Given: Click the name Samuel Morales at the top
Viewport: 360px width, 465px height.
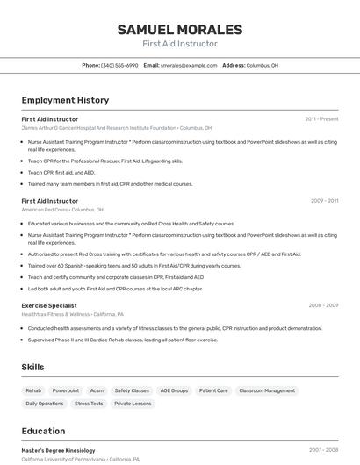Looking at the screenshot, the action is [180, 29].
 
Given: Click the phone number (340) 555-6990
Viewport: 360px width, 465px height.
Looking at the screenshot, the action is [119, 65].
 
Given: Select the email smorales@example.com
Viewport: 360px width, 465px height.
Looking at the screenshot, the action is [189, 65].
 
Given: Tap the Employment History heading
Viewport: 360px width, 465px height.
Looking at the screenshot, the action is [65, 100].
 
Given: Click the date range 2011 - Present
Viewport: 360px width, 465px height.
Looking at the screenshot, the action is [321, 118].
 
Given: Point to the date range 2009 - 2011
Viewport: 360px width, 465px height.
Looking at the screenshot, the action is [324, 201].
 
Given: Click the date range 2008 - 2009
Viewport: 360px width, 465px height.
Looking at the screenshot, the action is [323, 305].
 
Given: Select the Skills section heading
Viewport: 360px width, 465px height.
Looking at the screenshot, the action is [33, 367].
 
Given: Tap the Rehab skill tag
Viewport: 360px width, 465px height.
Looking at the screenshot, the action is [33, 390].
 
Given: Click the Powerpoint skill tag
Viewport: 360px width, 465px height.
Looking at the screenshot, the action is [66, 390].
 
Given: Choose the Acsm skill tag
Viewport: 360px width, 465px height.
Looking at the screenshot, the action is [97, 390].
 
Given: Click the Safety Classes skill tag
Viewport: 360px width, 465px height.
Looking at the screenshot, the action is [132, 390].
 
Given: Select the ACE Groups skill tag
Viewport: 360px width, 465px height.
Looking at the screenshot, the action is [174, 390].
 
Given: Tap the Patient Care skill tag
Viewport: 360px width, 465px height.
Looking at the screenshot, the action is [213, 390].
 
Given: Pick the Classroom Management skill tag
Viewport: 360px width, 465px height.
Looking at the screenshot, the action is [267, 390].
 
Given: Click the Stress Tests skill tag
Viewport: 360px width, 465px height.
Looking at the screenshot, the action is [89, 404].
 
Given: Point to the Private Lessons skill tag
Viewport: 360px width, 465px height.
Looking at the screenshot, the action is [133, 404].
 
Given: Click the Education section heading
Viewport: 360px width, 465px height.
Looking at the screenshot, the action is [43, 431].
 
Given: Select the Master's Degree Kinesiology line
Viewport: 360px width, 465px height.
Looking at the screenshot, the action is [58, 450].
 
